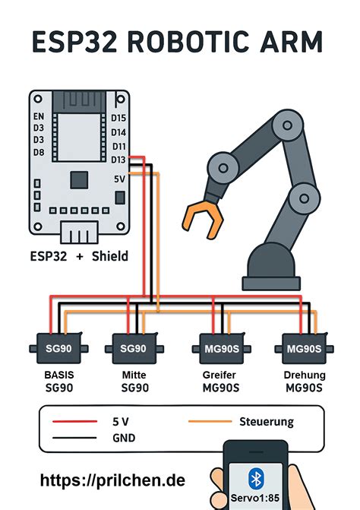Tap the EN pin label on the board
pyautogui.click(x=39, y=116)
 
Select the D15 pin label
pyautogui.click(x=118, y=118)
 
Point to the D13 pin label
pyautogui.click(x=118, y=159)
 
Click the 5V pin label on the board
pyautogui.click(x=119, y=179)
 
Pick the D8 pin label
pyautogui.click(x=39, y=153)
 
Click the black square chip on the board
pyautogui.click(x=78, y=180)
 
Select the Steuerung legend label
pyautogui.click(x=266, y=420)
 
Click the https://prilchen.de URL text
pyautogui.click(x=112, y=480)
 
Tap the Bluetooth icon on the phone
pyautogui.click(x=255, y=479)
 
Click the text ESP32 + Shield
pyautogui.click(x=78, y=256)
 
